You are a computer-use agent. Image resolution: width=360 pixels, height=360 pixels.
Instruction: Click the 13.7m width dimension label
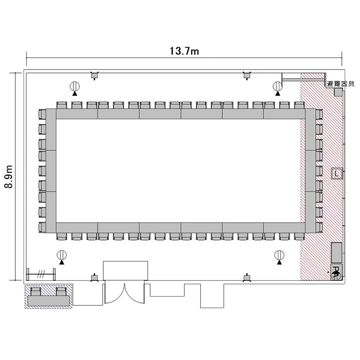pos(184,51)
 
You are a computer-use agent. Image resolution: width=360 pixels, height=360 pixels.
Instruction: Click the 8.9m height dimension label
pos(9,177)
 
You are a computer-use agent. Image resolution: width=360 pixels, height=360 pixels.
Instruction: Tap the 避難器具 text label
pos(341,84)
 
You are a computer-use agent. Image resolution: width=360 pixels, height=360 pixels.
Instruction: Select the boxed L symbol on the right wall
pos(337,174)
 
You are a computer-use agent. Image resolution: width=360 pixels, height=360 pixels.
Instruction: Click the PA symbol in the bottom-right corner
pos(336,272)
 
